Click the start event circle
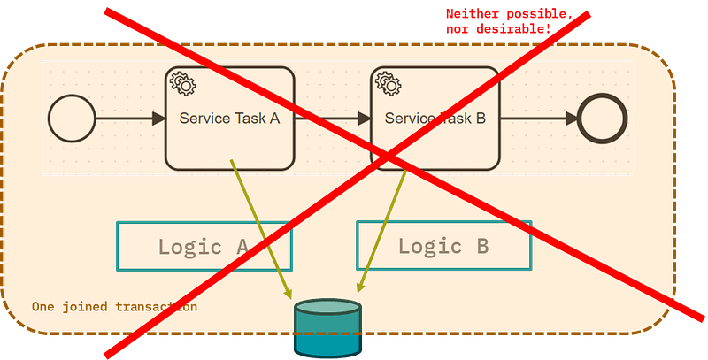[x=72, y=119]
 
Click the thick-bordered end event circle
[x=602, y=119]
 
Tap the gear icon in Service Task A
[x=183, y=83]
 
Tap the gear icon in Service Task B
[x=388, y=83]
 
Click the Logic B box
[x=443, y=245]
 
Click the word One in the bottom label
[x=41, y=307]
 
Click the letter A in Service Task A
[x=274, y=119]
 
